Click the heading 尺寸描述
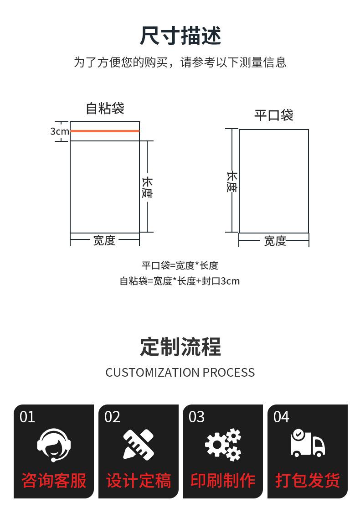point(180,36)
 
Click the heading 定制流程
point(180,347)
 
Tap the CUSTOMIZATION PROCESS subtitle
point(180,373)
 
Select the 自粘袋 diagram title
point(105,109)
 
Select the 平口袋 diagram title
point(273,115)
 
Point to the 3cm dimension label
point(59,131)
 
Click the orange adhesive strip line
point(105,131)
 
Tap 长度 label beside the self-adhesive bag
point(147,187)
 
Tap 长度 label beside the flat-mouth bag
point(232,182)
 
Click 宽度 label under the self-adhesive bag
point(104,240)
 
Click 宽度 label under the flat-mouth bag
point(275,240)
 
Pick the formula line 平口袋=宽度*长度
point(180,265)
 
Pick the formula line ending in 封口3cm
point(180,281)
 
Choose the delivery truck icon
point(308,443)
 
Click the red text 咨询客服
point(54,481)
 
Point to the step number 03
point(197,417)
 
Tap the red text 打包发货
point(308,481)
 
